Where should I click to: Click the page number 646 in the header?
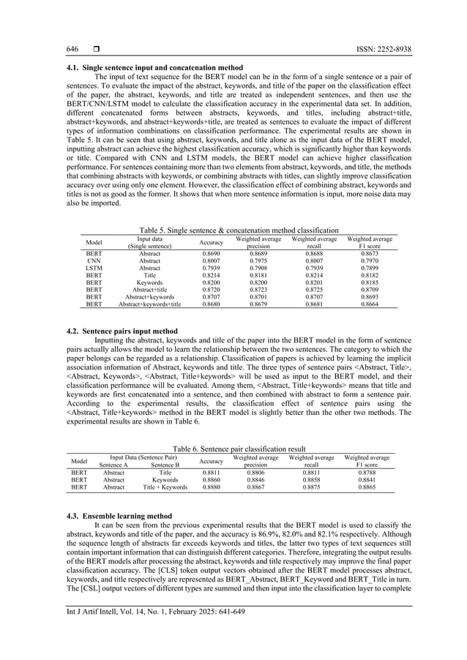(72, 49)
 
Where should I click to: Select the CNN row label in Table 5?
(94, 260)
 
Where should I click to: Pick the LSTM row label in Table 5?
(94, 268)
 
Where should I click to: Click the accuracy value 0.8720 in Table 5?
(212, 291)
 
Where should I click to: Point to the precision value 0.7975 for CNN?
(258, 260)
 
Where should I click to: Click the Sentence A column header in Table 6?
(113, 465)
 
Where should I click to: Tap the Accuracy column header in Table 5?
(212, 241)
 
